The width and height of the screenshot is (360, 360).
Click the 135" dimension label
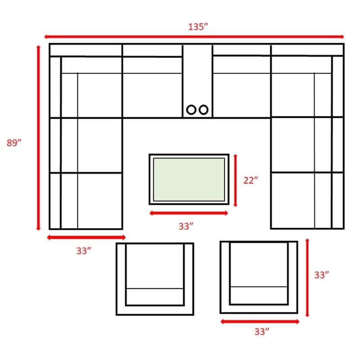pyautogui.click(x=198, y=27)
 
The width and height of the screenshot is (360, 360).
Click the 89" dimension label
pyautogui.click(x=14, y=143)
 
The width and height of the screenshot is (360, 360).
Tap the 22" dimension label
pyautogui.click(x=251, y=180)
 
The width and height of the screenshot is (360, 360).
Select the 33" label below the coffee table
pyautogui.click(x=186, y=226)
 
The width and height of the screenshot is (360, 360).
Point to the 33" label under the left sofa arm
pyautogui.click(x=84, y=251)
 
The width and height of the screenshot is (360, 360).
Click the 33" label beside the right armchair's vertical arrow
pyautogui.click(x=321, y=275)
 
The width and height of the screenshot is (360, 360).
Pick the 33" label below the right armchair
pyautogui.click(x=262, y=332)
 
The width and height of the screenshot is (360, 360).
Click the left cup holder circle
pyautogui.click(x=191, y=110)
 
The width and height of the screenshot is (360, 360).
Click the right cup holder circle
pyautogui.click(x=203, y=110)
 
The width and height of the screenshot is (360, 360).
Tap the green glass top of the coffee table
pyautogui.click(x=189, y=180)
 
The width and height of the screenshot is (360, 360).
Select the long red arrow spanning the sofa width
pyautogui.click(x=194, y=37)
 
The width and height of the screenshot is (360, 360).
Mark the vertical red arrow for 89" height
pyautogui.click(x=38, y=138)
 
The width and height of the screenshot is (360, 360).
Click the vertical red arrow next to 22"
pyautogui.click(x=235, y=180)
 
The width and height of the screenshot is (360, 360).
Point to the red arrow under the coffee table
pyautogui.click(x=189, y=213)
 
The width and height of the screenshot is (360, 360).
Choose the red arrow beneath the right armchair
pyautogui.click(x=260, y=322)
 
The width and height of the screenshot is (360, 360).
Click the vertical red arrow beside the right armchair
pyautogui.click(x=307, y=278)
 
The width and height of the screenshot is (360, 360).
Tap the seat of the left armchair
pyautogui.click(x=155, y=266)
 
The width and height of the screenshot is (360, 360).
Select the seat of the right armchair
pyautogui.click(x=259, y=265)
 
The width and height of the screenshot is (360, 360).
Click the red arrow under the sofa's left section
pyautogui.click(x=86, y=238)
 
